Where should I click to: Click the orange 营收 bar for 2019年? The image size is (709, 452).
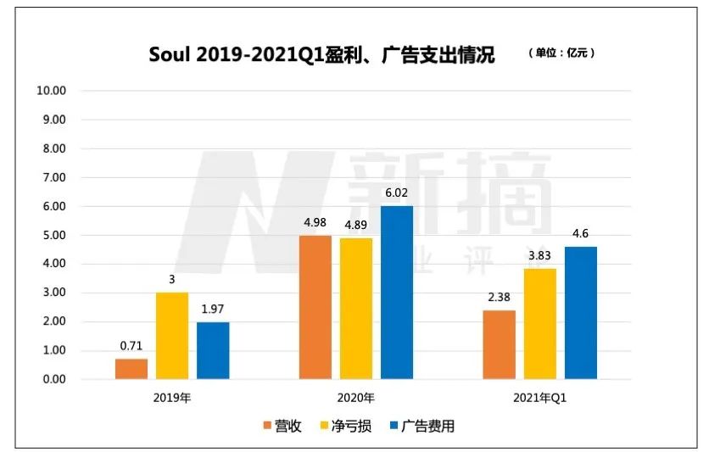coord(131,369)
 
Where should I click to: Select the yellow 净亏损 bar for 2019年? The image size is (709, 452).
coord(172,336)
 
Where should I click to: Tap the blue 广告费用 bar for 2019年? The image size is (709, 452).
coord(213,350)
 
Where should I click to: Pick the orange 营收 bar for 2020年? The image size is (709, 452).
coord(315,307)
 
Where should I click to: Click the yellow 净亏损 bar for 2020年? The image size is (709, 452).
coord(356,309)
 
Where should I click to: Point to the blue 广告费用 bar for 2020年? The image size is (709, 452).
coord(397,293)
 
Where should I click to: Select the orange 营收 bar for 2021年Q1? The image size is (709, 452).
coord(499,344)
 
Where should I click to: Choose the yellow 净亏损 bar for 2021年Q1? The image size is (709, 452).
coord(539,324)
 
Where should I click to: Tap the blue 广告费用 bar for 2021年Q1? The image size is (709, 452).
coord(581,313)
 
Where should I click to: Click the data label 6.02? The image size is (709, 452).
coord(397,193)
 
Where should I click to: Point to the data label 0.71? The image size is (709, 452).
coord(131,345)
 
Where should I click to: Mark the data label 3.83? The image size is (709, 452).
coord(539,255)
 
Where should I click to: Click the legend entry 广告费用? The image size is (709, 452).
coord(421,426)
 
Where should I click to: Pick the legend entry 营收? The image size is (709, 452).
coord(282,426)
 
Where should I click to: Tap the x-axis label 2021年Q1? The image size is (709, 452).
coord(539,396)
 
